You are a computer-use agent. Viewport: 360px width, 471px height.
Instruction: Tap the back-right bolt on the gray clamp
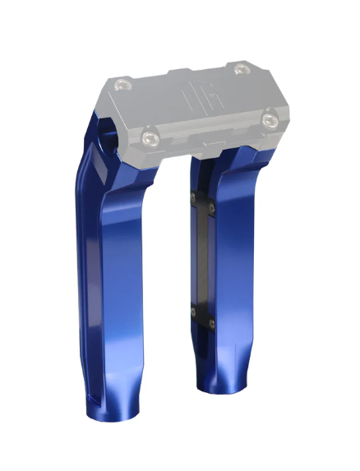(x=240, y=70)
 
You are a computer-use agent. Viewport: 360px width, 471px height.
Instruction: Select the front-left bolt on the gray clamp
(x=150, y=134)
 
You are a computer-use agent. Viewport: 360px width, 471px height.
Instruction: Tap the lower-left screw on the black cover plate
(x=195, y=312)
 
